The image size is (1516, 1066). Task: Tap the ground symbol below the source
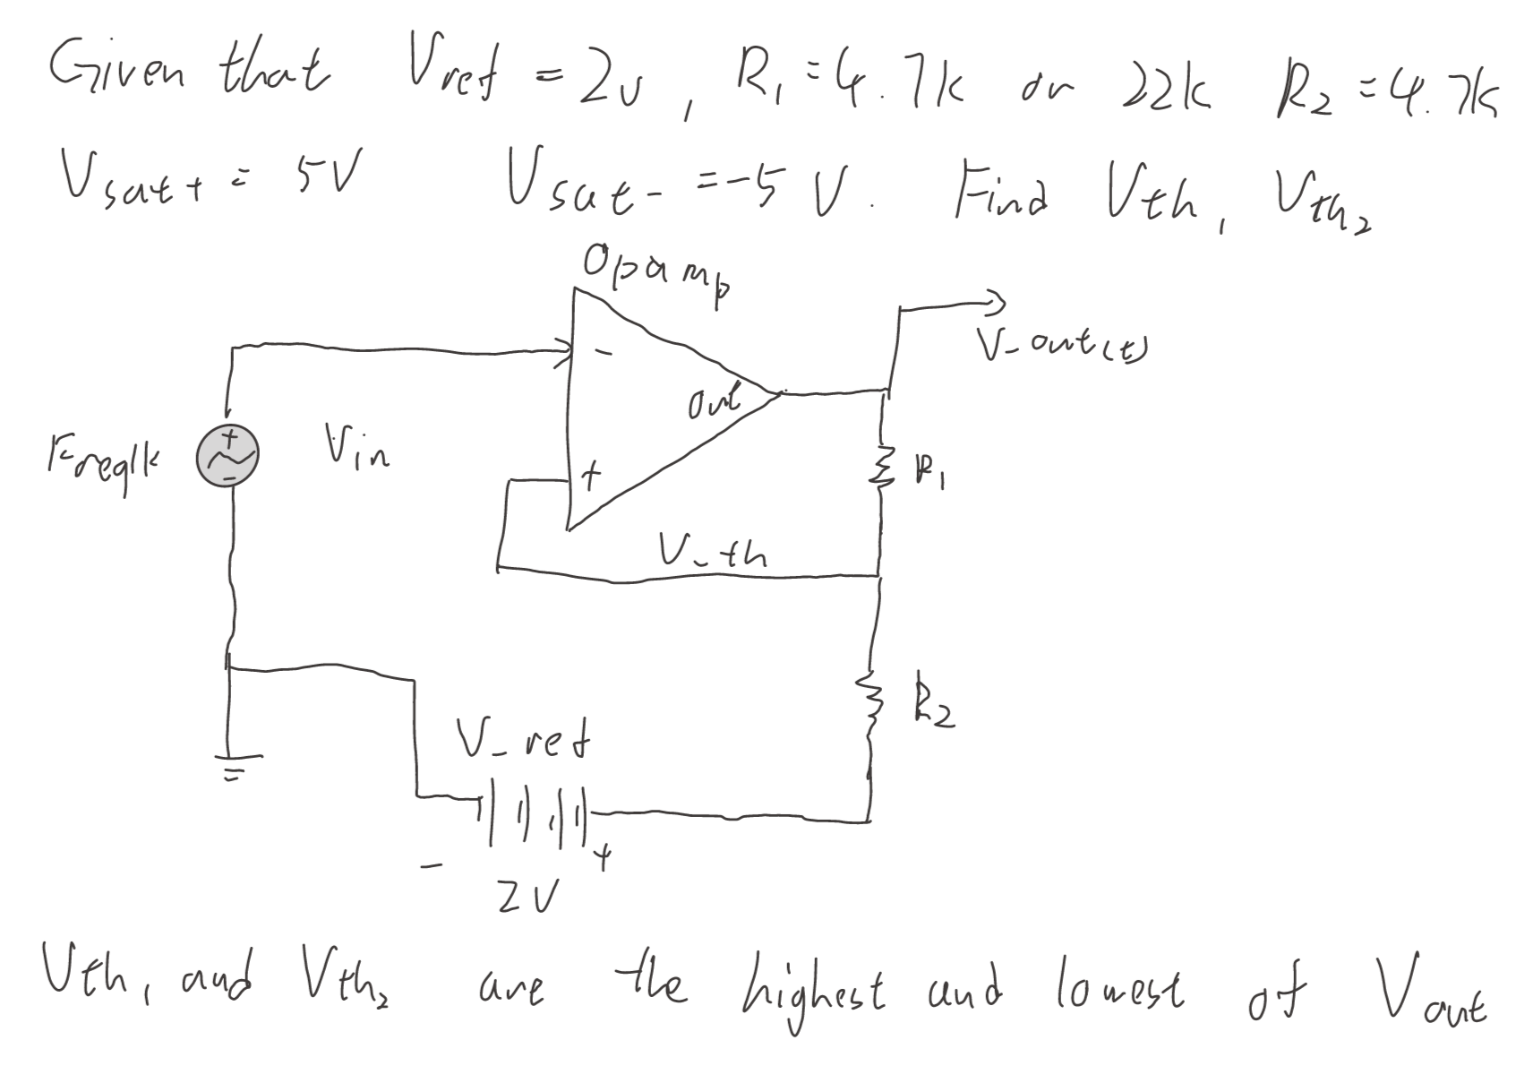[x=230, y=767]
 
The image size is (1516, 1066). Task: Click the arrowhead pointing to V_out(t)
[x=995, y=300]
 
